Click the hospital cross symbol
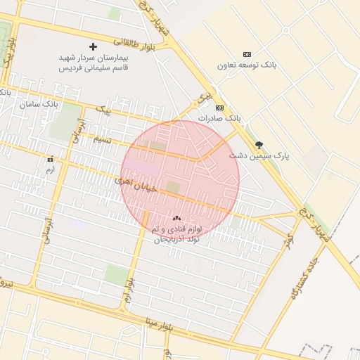[93, 46]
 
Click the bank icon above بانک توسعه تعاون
[246, 54]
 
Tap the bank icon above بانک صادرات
[219, 108]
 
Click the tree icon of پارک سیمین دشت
[259, 144]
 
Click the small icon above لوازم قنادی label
[176, 219]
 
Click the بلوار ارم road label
[129, 290]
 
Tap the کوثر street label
[287, 240]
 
